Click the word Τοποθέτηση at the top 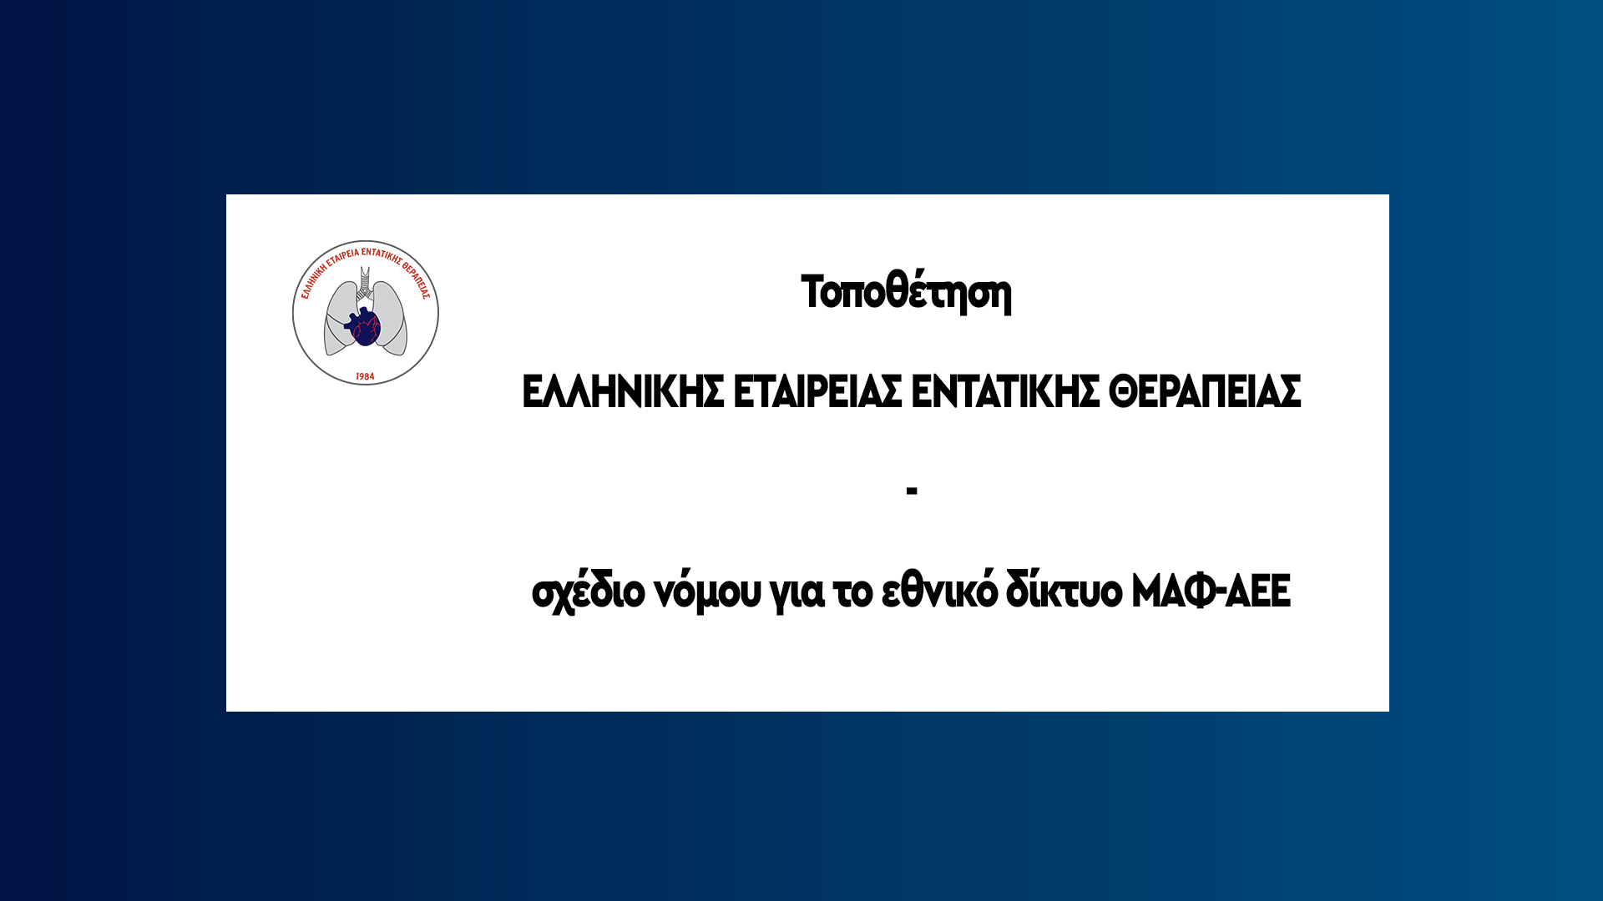[x=906, y=292]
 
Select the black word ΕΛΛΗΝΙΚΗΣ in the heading [x=623, y=391]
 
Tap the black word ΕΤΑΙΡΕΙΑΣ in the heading [x=817, y=391]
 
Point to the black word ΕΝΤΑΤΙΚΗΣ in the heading [x=1005, y=391]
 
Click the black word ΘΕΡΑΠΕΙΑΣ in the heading [x=1205, y=391]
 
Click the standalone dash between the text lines [x=912, y=491]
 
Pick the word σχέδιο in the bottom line [x=589, y=591]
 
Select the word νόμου [x=708, y=591]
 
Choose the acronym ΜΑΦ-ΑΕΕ [x=1211, y=591]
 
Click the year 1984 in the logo [x=365, y=377]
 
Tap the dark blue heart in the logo [x=365, y=327]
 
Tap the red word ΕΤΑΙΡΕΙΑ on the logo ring [x=342, y=255]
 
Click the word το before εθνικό [x=853, y=591]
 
